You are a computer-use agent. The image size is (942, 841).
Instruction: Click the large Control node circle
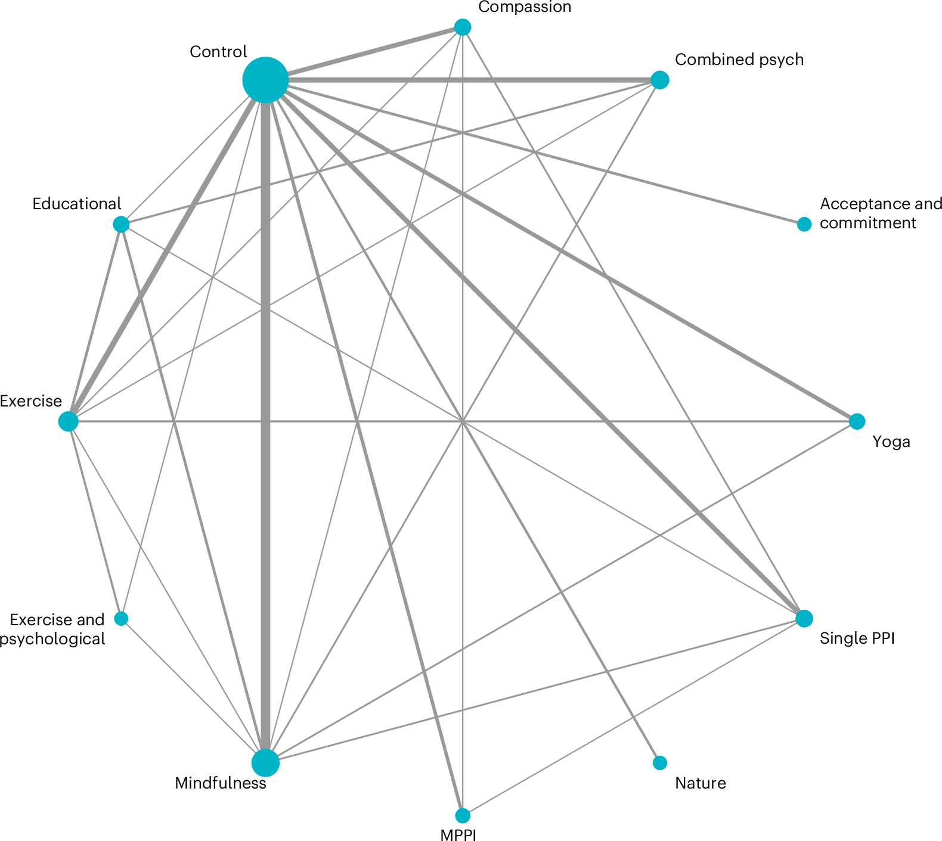pos(265,80)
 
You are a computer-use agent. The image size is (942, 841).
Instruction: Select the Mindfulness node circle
pos(265,763)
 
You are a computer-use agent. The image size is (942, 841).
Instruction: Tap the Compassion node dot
pos(463,27)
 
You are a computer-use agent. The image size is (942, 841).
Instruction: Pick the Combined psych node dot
pos(659,80)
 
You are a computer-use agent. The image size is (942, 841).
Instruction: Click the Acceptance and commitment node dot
pos(804,224)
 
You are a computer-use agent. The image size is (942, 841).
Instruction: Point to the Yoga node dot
pos(857,421)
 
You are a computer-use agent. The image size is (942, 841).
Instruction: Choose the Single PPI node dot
pos(804,619)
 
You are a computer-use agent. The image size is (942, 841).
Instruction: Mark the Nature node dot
pos(659,763)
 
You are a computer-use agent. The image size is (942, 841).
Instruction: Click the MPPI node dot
pos(463,815)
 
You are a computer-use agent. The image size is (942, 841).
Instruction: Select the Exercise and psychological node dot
pos(121,619)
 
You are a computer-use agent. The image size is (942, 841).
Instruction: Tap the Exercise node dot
pos(69,421)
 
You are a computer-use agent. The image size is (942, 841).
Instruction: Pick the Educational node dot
pos(121,224)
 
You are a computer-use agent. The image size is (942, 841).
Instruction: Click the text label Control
pos(218,52)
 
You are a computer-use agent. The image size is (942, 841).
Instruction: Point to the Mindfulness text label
pos(220,783)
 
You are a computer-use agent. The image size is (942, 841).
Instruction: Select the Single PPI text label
pos(857,638)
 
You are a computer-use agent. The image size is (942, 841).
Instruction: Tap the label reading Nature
pos(700,783)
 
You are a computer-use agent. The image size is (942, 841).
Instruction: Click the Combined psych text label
pos(739,60)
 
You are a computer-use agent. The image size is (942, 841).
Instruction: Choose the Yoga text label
pos(891,442)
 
